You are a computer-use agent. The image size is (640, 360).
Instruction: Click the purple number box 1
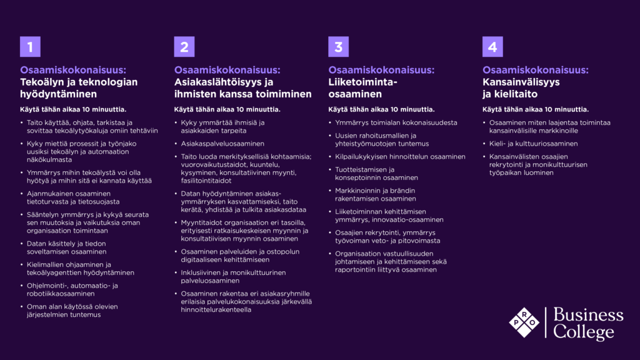[x=30, y=46]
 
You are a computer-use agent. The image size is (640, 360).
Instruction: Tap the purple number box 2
[x=184, y=46]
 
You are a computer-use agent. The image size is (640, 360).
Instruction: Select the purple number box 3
[x=338, y=46]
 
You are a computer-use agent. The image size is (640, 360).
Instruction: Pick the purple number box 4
[x=492, y=46]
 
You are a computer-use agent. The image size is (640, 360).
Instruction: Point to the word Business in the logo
[x=588, y=314]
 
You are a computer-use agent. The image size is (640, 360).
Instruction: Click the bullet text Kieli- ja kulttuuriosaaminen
[x=533, y=143]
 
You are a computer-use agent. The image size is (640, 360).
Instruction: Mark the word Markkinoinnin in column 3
[x=361, y=190]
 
